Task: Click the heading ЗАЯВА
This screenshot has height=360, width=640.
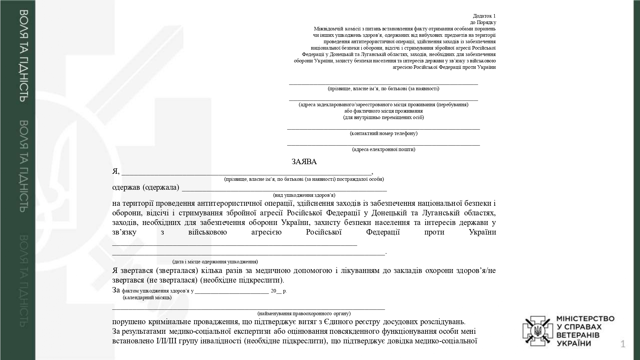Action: click(x=304, y=162)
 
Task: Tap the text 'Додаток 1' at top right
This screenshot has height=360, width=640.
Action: click(x=484, y=16)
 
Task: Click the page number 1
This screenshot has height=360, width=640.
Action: click(x=622, y=344)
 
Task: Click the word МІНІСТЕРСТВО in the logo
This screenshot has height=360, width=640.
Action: click(x=585, y=319)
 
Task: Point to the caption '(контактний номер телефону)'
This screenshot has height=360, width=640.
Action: click(x=383, y=133)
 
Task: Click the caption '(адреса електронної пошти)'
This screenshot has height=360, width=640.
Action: click(x=383, y=149)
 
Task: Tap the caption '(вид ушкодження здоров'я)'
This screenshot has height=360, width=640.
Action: click(x=304, y=195)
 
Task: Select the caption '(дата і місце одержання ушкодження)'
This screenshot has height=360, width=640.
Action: click(x=215, y=262)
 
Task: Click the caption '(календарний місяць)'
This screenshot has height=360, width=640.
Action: click(x=147, y=298)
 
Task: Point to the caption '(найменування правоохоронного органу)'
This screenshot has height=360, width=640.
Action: click(x=304, y=314)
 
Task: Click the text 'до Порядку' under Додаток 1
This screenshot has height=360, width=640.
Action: click(x=483, y=22)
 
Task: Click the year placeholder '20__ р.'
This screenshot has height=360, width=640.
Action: click(x=279, y=291)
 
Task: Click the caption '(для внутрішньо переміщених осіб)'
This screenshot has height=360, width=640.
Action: click(x=383, y=117)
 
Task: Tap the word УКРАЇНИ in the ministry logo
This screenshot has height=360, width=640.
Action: click(x=574, y=344)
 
